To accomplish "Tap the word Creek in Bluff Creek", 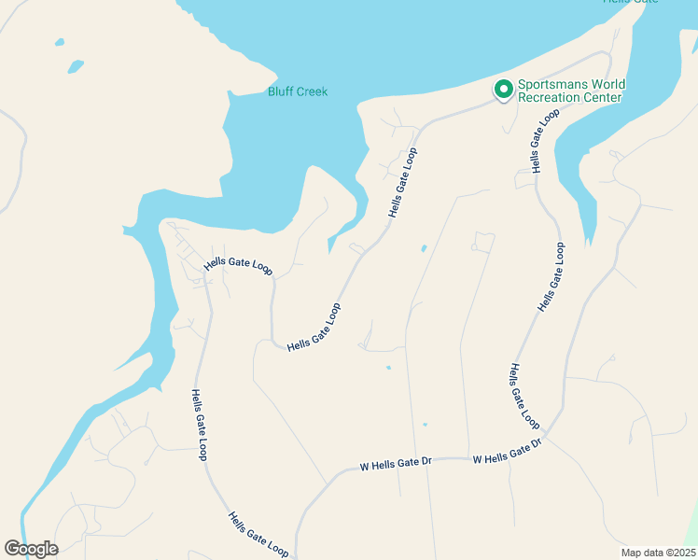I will click(x=313, y=91).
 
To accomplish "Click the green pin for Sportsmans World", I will click(x=504, y=90).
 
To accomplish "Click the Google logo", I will click(x=31, y=549).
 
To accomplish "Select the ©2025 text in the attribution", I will click(x=679, y=553).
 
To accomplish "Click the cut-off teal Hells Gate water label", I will click(x=631, y=2).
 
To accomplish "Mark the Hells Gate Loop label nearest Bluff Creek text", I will click(x=402, y=182).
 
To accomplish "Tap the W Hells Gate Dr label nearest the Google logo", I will click(x=394, y=464).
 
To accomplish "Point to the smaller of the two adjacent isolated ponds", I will click(x=60, y=42).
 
